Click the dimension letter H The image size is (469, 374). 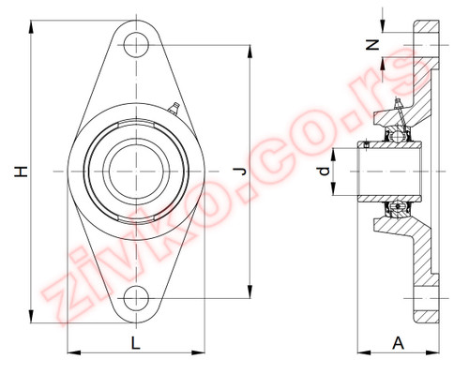[x=22, y=172]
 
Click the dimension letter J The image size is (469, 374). [x=240, y=172]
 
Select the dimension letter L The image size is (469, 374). [x=135, y=343]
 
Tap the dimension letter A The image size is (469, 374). [x=398, y=343]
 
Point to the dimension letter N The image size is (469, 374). [x=372, y=45]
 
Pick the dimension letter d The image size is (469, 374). [x=325, y=172]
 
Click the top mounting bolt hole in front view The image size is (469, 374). [x=136, y=45]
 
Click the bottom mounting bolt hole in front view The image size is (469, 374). [x=136, y=298]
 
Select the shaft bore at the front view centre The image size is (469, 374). [x=136, y=172]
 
